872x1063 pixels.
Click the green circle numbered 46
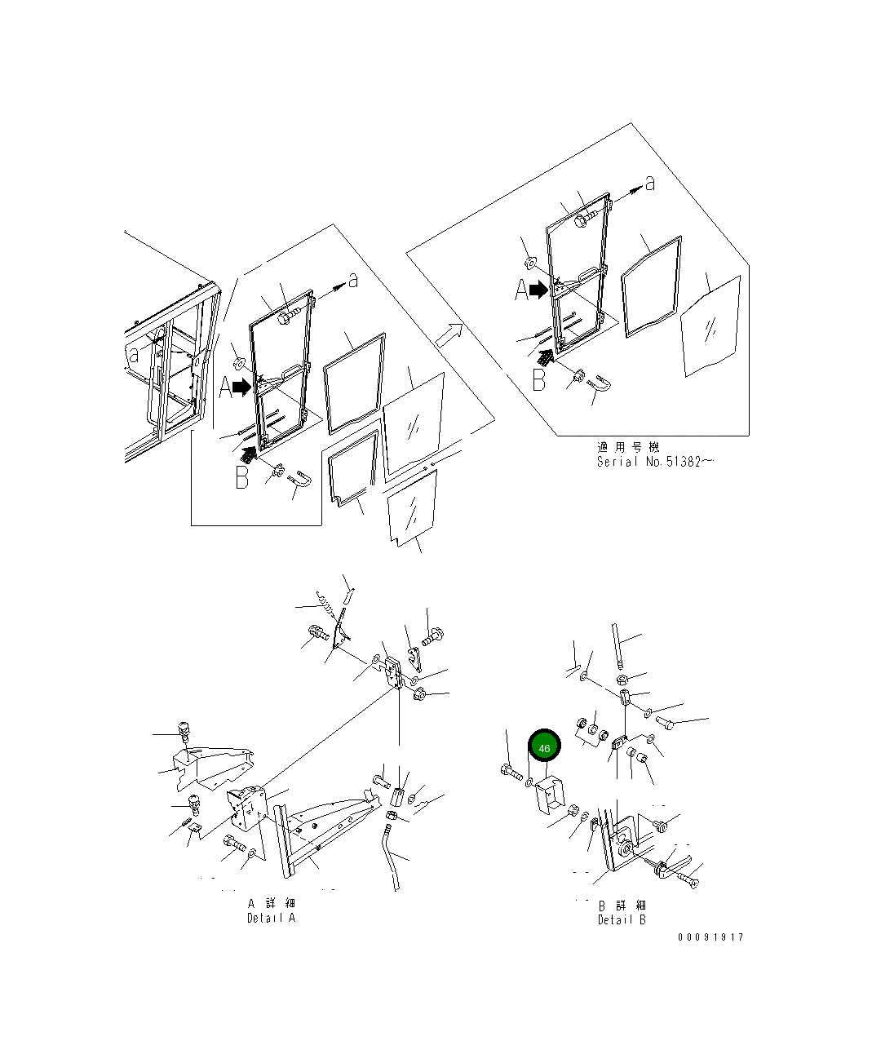(x=544, y=748)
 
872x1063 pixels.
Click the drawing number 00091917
(x=710, y=937)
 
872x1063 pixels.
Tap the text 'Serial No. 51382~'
(x=655, y=462)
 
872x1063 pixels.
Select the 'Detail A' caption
(x=271, y=919)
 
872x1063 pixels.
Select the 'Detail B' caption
(x=622, y=920)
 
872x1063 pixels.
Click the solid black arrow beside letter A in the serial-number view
(x=539, y=290)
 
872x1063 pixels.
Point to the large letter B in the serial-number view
(x=539, y=380)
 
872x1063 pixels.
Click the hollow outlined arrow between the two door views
(x=449, y=335)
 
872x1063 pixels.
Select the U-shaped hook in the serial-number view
(x=600, y=383)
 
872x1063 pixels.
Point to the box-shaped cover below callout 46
(x=550, y=795)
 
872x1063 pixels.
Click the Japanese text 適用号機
(x=628, y=447)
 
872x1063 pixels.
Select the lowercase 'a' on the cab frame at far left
(x=133, y=354)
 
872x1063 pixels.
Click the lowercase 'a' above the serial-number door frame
(x=650, y=184)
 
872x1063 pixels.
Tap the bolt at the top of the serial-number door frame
(x=586, y=219)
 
